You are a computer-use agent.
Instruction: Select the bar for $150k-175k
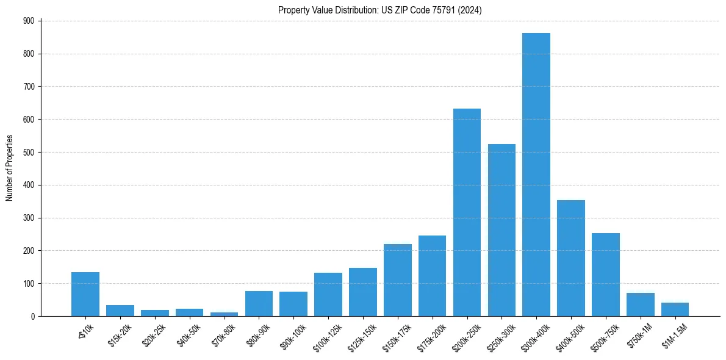pyautogui.click(x=397, y=280)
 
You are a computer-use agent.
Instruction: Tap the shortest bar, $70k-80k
pyautogui.click(x=224, y=314)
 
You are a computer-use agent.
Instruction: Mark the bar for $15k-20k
pyautogui.click(x=120, y=311)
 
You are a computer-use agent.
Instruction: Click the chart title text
pyautogui.click(x=380, y=10)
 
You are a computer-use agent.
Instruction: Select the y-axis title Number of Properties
pyautogui.click(x=10, y=168)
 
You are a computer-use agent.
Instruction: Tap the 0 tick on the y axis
pyautogui.click(x=32, y=316)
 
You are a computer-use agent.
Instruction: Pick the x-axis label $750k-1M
pyautogui.click(x=640, y=334)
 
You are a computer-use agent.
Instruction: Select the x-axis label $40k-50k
pyautogui.click(x=189, y=334)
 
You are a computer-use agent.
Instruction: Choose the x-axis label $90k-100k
pyautogui.click(x=293, y=336)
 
